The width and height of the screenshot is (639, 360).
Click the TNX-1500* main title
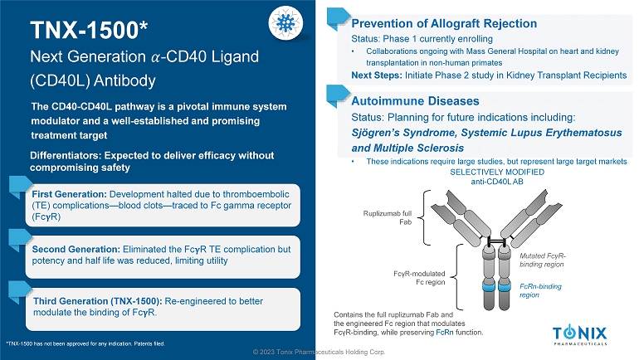(x=89, y=31)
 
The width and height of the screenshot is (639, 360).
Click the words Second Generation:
(x=76, y=249)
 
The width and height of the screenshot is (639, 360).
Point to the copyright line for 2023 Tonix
(x=319, y=353)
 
